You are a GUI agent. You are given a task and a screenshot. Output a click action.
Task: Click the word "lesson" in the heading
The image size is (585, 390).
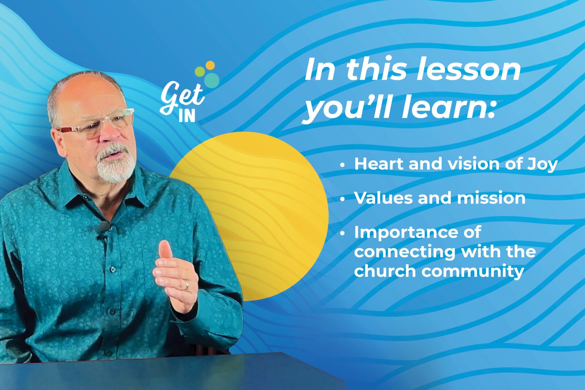click(469, 69)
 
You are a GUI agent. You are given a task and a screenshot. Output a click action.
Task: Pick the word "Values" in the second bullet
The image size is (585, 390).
click(384, 198)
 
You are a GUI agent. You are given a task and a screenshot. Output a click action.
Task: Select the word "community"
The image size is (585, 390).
click(473, 272)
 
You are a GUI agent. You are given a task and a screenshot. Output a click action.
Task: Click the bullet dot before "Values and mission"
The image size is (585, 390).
click(342, 199)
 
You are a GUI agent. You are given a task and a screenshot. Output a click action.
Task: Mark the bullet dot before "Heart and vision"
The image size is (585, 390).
click(342, 165)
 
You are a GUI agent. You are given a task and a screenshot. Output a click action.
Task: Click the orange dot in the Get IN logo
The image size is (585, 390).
click(210, 65)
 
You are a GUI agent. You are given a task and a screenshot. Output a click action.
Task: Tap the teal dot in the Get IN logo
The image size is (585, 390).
click(212, 80)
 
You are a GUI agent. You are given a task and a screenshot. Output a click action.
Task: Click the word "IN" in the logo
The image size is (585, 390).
click(187, 116)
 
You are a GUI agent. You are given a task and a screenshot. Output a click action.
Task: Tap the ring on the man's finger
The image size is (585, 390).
click(187, 285)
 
